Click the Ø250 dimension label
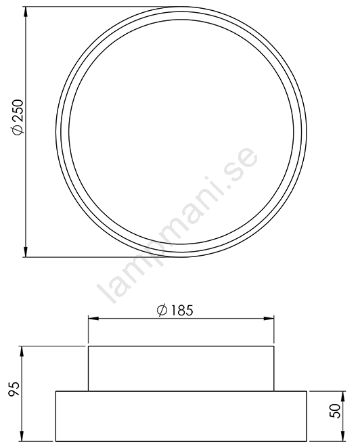tap(18, 117)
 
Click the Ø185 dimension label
tap(175, 311)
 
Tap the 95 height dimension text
tap(14, 388)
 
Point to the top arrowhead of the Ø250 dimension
tap(26, 12)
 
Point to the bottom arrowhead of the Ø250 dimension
tap(26, 252)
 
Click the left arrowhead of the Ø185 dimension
tap(93, 318)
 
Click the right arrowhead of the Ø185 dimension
tap(269, 318)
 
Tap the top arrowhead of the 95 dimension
tap(22, 352)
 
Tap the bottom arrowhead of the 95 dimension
tap(22, 436)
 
